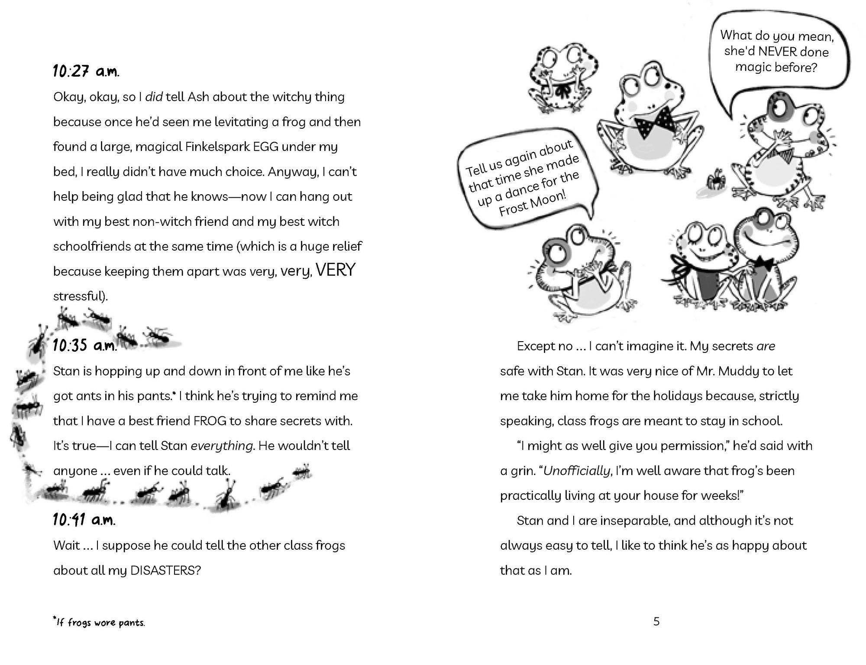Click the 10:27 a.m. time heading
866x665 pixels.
(86, 71)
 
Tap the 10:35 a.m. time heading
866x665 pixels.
(85, 346)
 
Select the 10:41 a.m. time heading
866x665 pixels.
(84, 519)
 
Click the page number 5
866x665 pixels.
(656, 622)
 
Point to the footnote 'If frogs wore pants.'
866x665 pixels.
(99, 623)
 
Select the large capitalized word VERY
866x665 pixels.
(336, 270)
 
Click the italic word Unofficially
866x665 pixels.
(576, 471)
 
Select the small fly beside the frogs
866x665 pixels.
(712, 179)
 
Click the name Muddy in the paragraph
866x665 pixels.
(738, 371)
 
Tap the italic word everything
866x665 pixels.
(222, 446)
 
